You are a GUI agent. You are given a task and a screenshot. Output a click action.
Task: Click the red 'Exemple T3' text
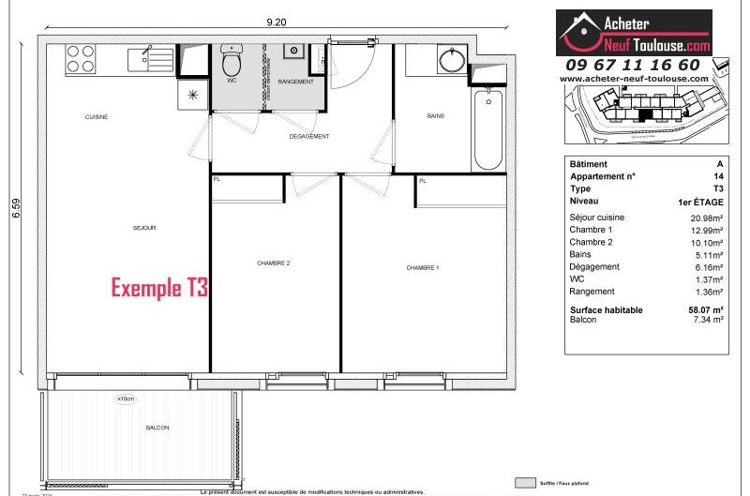point(159,288)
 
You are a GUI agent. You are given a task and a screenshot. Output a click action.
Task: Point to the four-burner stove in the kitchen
point(81,60)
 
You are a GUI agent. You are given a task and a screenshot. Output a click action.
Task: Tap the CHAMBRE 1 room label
point(422,268)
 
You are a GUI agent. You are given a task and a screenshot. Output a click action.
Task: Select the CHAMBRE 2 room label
point(273,263)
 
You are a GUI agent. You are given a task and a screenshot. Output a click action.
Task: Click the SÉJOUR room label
point(143,228)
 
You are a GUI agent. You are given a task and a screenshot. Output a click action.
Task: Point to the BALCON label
point(157,428)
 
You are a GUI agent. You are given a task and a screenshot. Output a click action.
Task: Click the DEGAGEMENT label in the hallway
point(308,137)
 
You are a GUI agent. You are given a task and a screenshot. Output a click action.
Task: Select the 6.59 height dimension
point(16,206)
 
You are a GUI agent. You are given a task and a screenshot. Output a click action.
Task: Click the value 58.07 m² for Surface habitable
point(705,309)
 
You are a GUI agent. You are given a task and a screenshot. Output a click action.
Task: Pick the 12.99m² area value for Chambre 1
point(707,230)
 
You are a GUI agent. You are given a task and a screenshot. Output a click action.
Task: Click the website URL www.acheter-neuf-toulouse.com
point(634,79)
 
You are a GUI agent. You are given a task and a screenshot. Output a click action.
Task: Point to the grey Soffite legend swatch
point(527,482)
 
